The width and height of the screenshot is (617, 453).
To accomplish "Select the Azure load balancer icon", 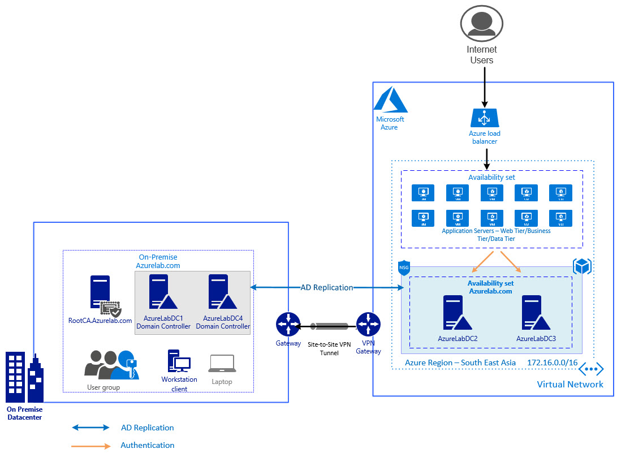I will pos(485,118).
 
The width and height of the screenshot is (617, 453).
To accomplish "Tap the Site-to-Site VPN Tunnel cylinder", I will pos(328,326).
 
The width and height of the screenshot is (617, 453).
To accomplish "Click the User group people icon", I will pos(111,365).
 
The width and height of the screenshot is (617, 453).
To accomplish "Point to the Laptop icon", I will pos(222,363).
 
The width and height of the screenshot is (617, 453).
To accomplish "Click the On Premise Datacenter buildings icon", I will pos(24,376).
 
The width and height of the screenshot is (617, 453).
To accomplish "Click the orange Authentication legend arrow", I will pos(91,446).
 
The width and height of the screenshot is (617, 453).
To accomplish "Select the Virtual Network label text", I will pos(570,385).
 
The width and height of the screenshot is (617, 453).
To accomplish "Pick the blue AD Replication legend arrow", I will pos(91,428).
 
